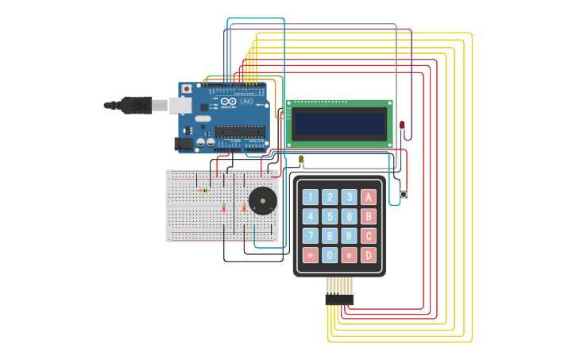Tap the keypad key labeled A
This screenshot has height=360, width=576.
(x=369, y=197)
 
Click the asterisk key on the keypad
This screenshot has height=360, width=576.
(x=310, y=255)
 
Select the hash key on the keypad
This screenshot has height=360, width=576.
(x=349, y=255)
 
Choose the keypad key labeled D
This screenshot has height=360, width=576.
(x=369, y=255)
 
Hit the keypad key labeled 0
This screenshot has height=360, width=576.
(x=330, y=255)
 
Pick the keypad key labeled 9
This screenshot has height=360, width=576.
(x=349, y=236)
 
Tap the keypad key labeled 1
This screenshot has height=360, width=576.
(x=310, y=197)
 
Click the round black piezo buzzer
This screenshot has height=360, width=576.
(x=263, y=201)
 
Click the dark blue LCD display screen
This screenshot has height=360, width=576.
(x=339, y=123)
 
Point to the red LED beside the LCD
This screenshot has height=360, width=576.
(x=402, y=125)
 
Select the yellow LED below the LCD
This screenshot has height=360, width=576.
(x=301, y=160)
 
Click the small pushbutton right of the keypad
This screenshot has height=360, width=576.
(x=403, y=194)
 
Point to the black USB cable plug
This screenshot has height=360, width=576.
(x=136, y=105)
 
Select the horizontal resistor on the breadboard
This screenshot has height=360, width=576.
(x=203, y=191)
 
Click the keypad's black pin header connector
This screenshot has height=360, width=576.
(x=339, y=300)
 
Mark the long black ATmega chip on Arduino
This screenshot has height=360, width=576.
(x=240, y=132)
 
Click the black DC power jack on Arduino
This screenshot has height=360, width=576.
(x=184, y=144)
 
